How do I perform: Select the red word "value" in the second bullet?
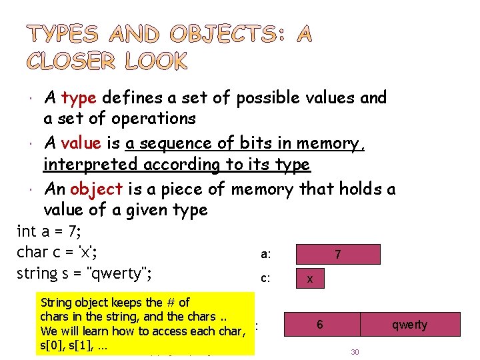click(81, 143)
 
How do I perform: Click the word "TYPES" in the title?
click(63, 34)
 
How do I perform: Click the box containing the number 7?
click(337, 255)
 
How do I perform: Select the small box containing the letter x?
click(310, 279)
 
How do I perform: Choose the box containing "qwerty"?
click(409, 325)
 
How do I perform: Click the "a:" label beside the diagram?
click(265, 255)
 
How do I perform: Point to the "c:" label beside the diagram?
click(265, 279)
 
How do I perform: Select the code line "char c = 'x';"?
click(58, 253)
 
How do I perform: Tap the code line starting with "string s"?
click(85, 274)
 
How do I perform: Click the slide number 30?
click(355, 351)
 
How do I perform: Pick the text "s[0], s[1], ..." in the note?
click(75, 347)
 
